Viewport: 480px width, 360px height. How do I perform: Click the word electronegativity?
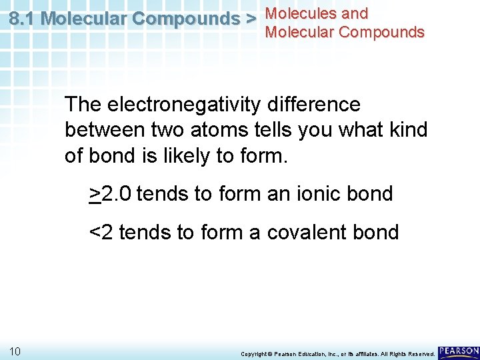tap(183, 105)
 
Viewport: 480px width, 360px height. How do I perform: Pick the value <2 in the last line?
tap(101, 233)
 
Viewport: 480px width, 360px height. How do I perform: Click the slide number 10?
tap(16, 351)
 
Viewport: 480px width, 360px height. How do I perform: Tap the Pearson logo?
tap(459, 351)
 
